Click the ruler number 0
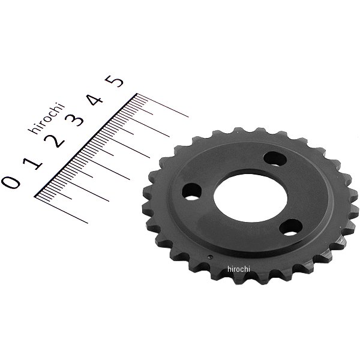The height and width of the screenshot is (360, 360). click(x=11, y=182)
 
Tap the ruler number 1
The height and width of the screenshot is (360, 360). click(x=32, y=163)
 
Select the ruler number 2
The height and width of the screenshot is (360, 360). click(x=54, y=140)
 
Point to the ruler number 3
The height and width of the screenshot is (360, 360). click(x=74, y=119)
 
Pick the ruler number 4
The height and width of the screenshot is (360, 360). click(x=95, y=100)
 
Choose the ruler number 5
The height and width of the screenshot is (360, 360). click(x=114, y=81)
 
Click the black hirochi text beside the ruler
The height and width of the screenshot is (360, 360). click(x=47, y=118)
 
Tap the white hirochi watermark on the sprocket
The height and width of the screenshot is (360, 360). click(x=239, y=269)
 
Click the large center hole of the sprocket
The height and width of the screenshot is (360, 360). click(x=250, y=198)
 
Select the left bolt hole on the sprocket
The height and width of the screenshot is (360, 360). click(x=191, y=192)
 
